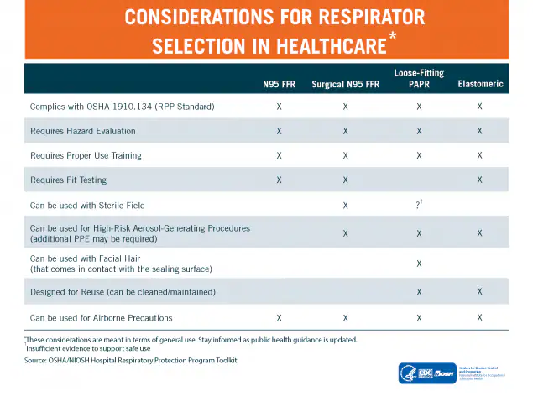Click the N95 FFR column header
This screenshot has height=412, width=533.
(278, 84)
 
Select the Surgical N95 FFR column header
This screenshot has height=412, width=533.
(345, 84)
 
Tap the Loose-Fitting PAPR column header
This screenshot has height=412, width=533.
(419, 78)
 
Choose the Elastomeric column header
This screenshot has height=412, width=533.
(479, 84)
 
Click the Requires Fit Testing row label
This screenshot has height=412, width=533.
(68, 180)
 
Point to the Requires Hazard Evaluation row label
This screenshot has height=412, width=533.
(82, 131)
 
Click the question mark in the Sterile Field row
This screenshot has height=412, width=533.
(418, 205)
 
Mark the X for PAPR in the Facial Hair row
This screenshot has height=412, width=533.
(419, 263)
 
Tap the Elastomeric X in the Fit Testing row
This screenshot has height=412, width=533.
(479, 180)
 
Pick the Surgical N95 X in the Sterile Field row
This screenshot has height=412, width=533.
(345, 205)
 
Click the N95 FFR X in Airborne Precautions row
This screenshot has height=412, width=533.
(278, 317)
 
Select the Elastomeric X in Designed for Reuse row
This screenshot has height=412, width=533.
(479, 291)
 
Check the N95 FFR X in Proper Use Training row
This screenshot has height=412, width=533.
(278, 155)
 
